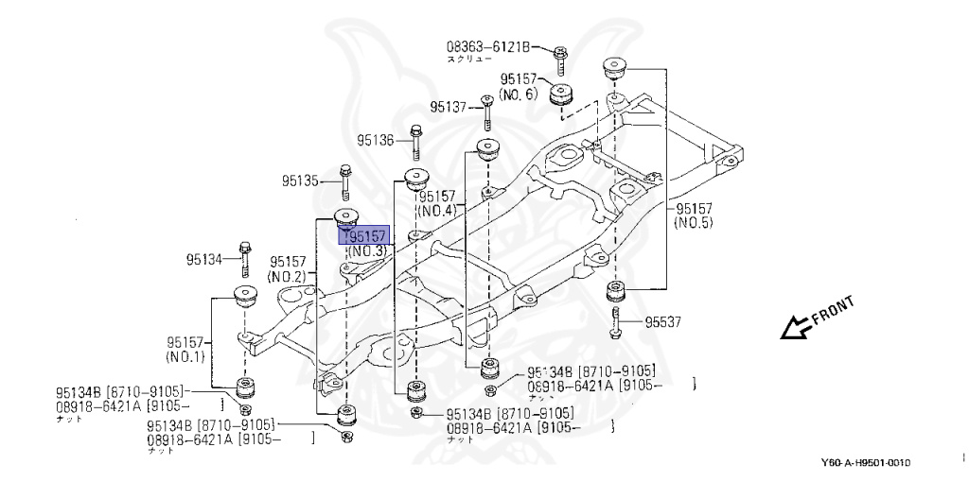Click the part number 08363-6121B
pyautogui.click(x=488, y=45)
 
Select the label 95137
pyautogui.click(x=449, y=107)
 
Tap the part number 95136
pyautogui.click(x=376, y=141)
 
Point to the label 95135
pyautogui.click(x=300, y=180)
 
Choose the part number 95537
pyautogui.click(x=664, y=322)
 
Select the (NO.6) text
pyautogui.click(x=518, y=94)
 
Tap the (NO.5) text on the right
pyautogui.click(x=694, y=223)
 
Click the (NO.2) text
pyautogui.click(x=287, y=276)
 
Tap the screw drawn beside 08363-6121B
pyautogui.click(x=560, y=59)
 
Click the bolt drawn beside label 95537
pyautogui.click(x=617, y=322)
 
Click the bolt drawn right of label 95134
pyautogui.click(x=245, y=256)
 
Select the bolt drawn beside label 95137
pyautogui.click(x=485, y=112)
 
